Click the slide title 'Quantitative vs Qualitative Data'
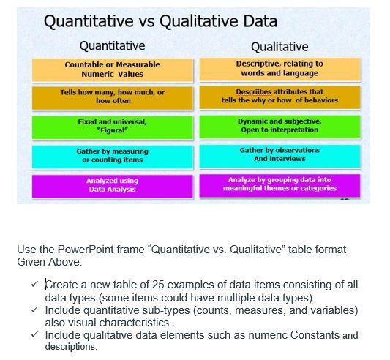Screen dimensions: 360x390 [161, 21]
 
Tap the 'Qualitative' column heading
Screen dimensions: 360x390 [280, 47]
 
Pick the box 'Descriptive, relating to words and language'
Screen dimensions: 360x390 [279, 69]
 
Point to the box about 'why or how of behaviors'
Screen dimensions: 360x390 [279, 97]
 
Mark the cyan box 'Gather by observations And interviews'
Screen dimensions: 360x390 [279, 154]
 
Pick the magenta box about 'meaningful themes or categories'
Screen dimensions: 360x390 [279, 184]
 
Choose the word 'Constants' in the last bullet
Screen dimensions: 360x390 [316, 335]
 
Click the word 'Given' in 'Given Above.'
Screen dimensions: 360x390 [31, 261]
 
